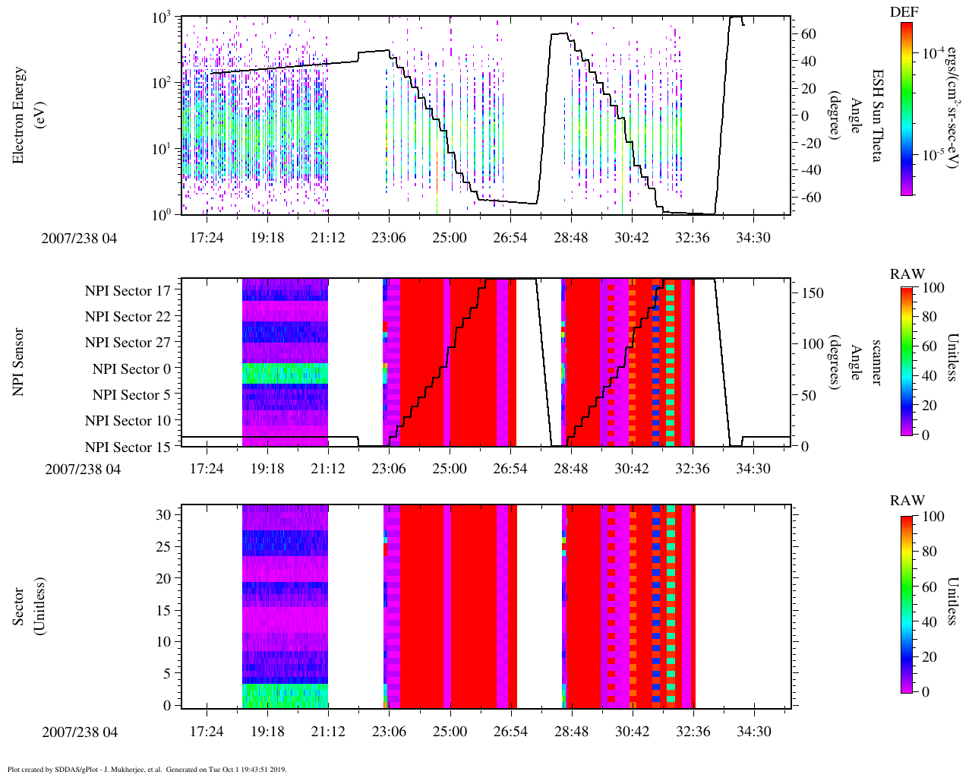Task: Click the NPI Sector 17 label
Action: coord(128,290)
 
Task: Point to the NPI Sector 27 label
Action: coord(128,343)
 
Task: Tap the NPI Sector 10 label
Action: coord(128,421)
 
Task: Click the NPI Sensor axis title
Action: coord(19,362)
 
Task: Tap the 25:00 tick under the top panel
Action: coord(450,238)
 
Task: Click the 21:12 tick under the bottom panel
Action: coord(328,731)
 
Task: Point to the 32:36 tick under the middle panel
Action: coord(693,469)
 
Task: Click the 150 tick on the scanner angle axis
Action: coord(813,293)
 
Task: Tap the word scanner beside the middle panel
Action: coord(876,362)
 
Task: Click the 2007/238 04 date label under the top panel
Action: coord(80,238)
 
